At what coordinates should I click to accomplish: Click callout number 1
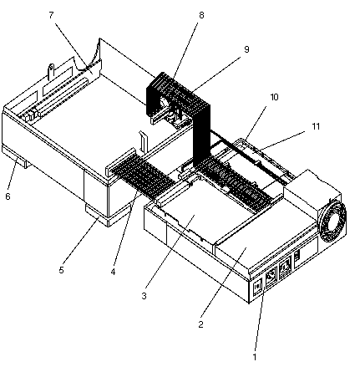254,357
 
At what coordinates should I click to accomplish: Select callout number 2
200,324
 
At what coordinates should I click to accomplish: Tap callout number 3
144,296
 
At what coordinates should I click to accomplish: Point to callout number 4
113,272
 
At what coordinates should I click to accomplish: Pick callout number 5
61,270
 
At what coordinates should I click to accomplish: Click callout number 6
8,196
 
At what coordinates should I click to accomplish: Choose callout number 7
51,15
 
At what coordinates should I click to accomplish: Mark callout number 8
201,15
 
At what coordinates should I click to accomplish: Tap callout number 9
246,49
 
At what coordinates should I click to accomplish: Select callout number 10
274,97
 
